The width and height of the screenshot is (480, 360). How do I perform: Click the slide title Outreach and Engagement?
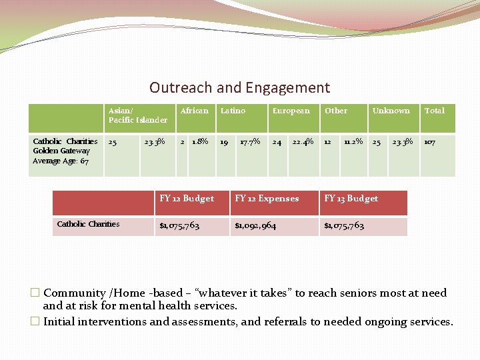coord(239,87)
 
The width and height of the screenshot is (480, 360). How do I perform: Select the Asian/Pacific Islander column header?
coord(137,115)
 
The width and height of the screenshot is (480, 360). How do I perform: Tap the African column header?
coord(194,111)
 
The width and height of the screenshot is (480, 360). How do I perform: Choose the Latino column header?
coord(233,111)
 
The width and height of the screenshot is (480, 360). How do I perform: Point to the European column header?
coord(291,111)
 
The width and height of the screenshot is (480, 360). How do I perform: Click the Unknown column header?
coord(391,111)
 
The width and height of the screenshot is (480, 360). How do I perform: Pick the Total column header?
coord(434,111)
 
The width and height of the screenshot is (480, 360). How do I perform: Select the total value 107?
coord(430,141)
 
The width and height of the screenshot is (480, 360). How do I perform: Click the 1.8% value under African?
coord(200,141)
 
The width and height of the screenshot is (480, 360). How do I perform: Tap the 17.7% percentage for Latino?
coord(249,141)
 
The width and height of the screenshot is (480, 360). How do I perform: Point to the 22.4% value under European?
coord(303,141)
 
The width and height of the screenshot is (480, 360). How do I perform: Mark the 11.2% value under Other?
coord(353,141)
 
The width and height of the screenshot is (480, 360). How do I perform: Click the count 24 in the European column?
coord(276,141)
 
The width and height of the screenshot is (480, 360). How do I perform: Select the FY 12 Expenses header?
coord(267,199)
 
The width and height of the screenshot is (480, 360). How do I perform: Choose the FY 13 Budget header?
coord(351,199)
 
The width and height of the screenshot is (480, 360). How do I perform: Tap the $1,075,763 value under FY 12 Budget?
coord(179,226)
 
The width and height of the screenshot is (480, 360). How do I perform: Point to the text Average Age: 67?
coord(61,161)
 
